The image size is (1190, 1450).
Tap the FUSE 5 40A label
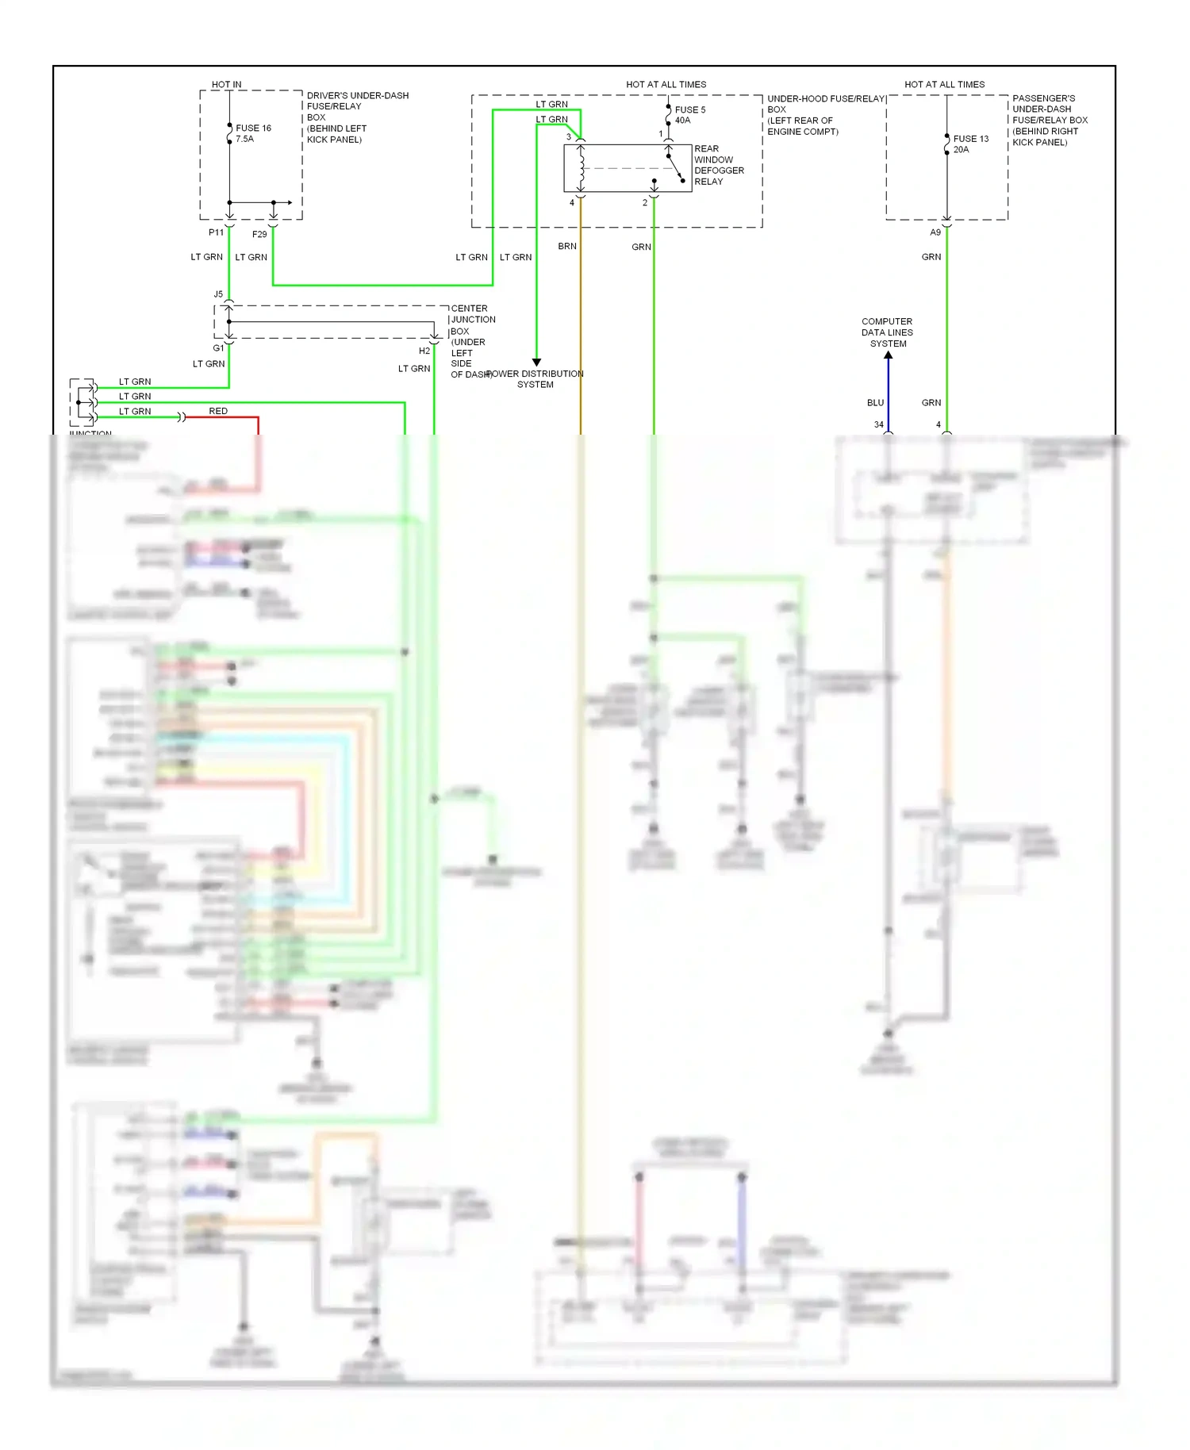coord(689,115)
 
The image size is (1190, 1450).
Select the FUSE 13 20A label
coord(970,144)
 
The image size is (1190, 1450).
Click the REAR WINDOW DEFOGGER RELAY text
coord(718,165)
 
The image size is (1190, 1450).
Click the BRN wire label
coord(567,246)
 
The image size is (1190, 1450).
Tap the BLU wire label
coord(875,403)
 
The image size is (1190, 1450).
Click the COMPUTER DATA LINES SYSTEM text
coord(887,332)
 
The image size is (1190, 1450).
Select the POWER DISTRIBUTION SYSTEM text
coord(535,379)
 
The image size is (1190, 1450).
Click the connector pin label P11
coord(216,232)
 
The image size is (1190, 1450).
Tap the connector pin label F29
coord(259,234)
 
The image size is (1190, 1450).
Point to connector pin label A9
coord(935,232)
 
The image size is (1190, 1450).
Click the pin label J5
coord(218,294)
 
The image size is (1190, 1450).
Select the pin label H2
coord(424,351)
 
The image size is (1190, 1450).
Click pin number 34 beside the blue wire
coord(878,424)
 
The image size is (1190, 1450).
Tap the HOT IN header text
coord(226,84)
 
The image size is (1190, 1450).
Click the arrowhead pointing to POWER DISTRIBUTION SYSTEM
coord(536,362)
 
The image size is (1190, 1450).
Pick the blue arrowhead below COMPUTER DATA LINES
coord(888,355)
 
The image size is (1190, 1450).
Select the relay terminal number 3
coord(568,136)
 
